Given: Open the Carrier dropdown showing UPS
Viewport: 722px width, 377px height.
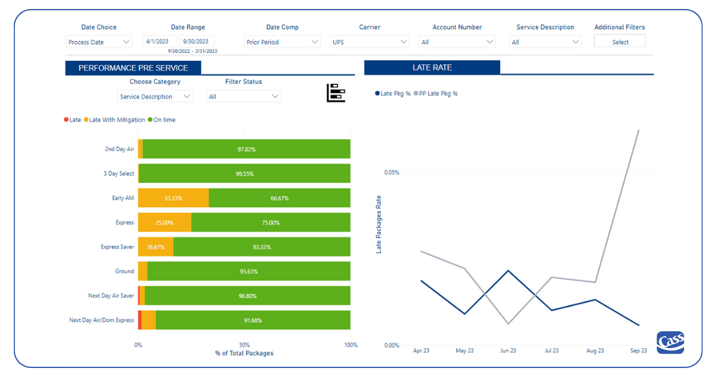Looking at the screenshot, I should [370, 42].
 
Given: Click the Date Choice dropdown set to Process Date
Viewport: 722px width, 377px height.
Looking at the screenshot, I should [99, 42].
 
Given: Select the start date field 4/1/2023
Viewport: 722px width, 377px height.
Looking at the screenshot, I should [160, 41].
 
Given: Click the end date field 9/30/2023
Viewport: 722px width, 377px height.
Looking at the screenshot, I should [197, 41].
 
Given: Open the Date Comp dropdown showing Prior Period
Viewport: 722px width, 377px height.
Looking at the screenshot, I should [282, 42].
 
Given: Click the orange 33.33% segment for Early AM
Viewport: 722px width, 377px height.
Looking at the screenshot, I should [173, 198].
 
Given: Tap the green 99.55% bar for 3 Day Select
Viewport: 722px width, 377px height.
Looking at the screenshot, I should [244, 173].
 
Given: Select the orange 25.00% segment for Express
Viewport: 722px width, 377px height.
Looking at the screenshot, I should [165, 222].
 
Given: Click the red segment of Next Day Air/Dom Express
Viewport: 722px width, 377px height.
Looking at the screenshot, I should [140, 320].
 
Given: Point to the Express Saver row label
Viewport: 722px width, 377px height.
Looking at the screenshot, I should [117, 247].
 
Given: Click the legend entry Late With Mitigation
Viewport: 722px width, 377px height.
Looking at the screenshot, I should [117, 120].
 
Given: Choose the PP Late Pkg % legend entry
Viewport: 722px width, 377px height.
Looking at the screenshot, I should [437, 94].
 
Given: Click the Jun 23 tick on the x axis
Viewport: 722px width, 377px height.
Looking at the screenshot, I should [508, 351].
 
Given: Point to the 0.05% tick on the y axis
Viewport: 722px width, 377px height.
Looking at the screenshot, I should [391, 173].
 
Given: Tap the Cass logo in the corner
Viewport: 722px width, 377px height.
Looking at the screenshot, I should [670, 343].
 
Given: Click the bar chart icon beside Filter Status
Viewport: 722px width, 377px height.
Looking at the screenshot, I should [336, 93].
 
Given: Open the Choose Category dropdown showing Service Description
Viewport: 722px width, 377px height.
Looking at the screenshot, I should [155, 96].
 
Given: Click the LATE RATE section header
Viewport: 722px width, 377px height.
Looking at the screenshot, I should [432, 67].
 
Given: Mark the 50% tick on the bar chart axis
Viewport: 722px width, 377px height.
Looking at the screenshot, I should [244, 345].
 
